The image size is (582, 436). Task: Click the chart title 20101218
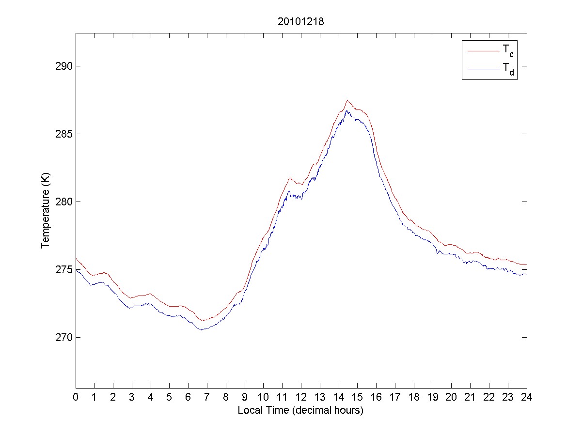(300, 22)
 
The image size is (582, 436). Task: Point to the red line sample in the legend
(483, 50)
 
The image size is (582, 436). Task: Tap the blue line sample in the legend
(483, 70)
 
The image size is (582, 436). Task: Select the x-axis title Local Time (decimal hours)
(300, 410)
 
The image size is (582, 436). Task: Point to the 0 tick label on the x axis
(76, 397)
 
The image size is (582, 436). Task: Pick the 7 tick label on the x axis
(207, 397)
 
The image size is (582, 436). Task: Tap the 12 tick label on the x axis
(301, 397)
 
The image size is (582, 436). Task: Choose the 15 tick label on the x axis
(357, 397)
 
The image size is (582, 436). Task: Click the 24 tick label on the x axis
(526, 397)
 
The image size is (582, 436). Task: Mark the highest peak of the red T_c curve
(347, 101)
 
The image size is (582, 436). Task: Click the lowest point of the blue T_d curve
(201, 329)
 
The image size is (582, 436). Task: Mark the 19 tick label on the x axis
(432, 397)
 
